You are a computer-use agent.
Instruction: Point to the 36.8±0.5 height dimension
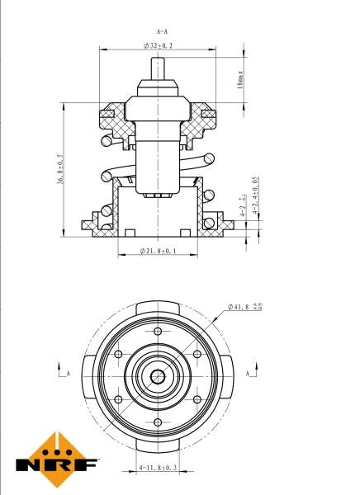(60, 170)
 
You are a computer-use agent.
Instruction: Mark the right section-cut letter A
(248, 374)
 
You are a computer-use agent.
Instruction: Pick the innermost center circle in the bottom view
(157, 376)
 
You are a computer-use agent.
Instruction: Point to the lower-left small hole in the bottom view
(118, 400)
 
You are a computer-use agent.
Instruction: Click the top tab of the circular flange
(157, 308)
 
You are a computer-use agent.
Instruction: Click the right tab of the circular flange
(226, 376)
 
